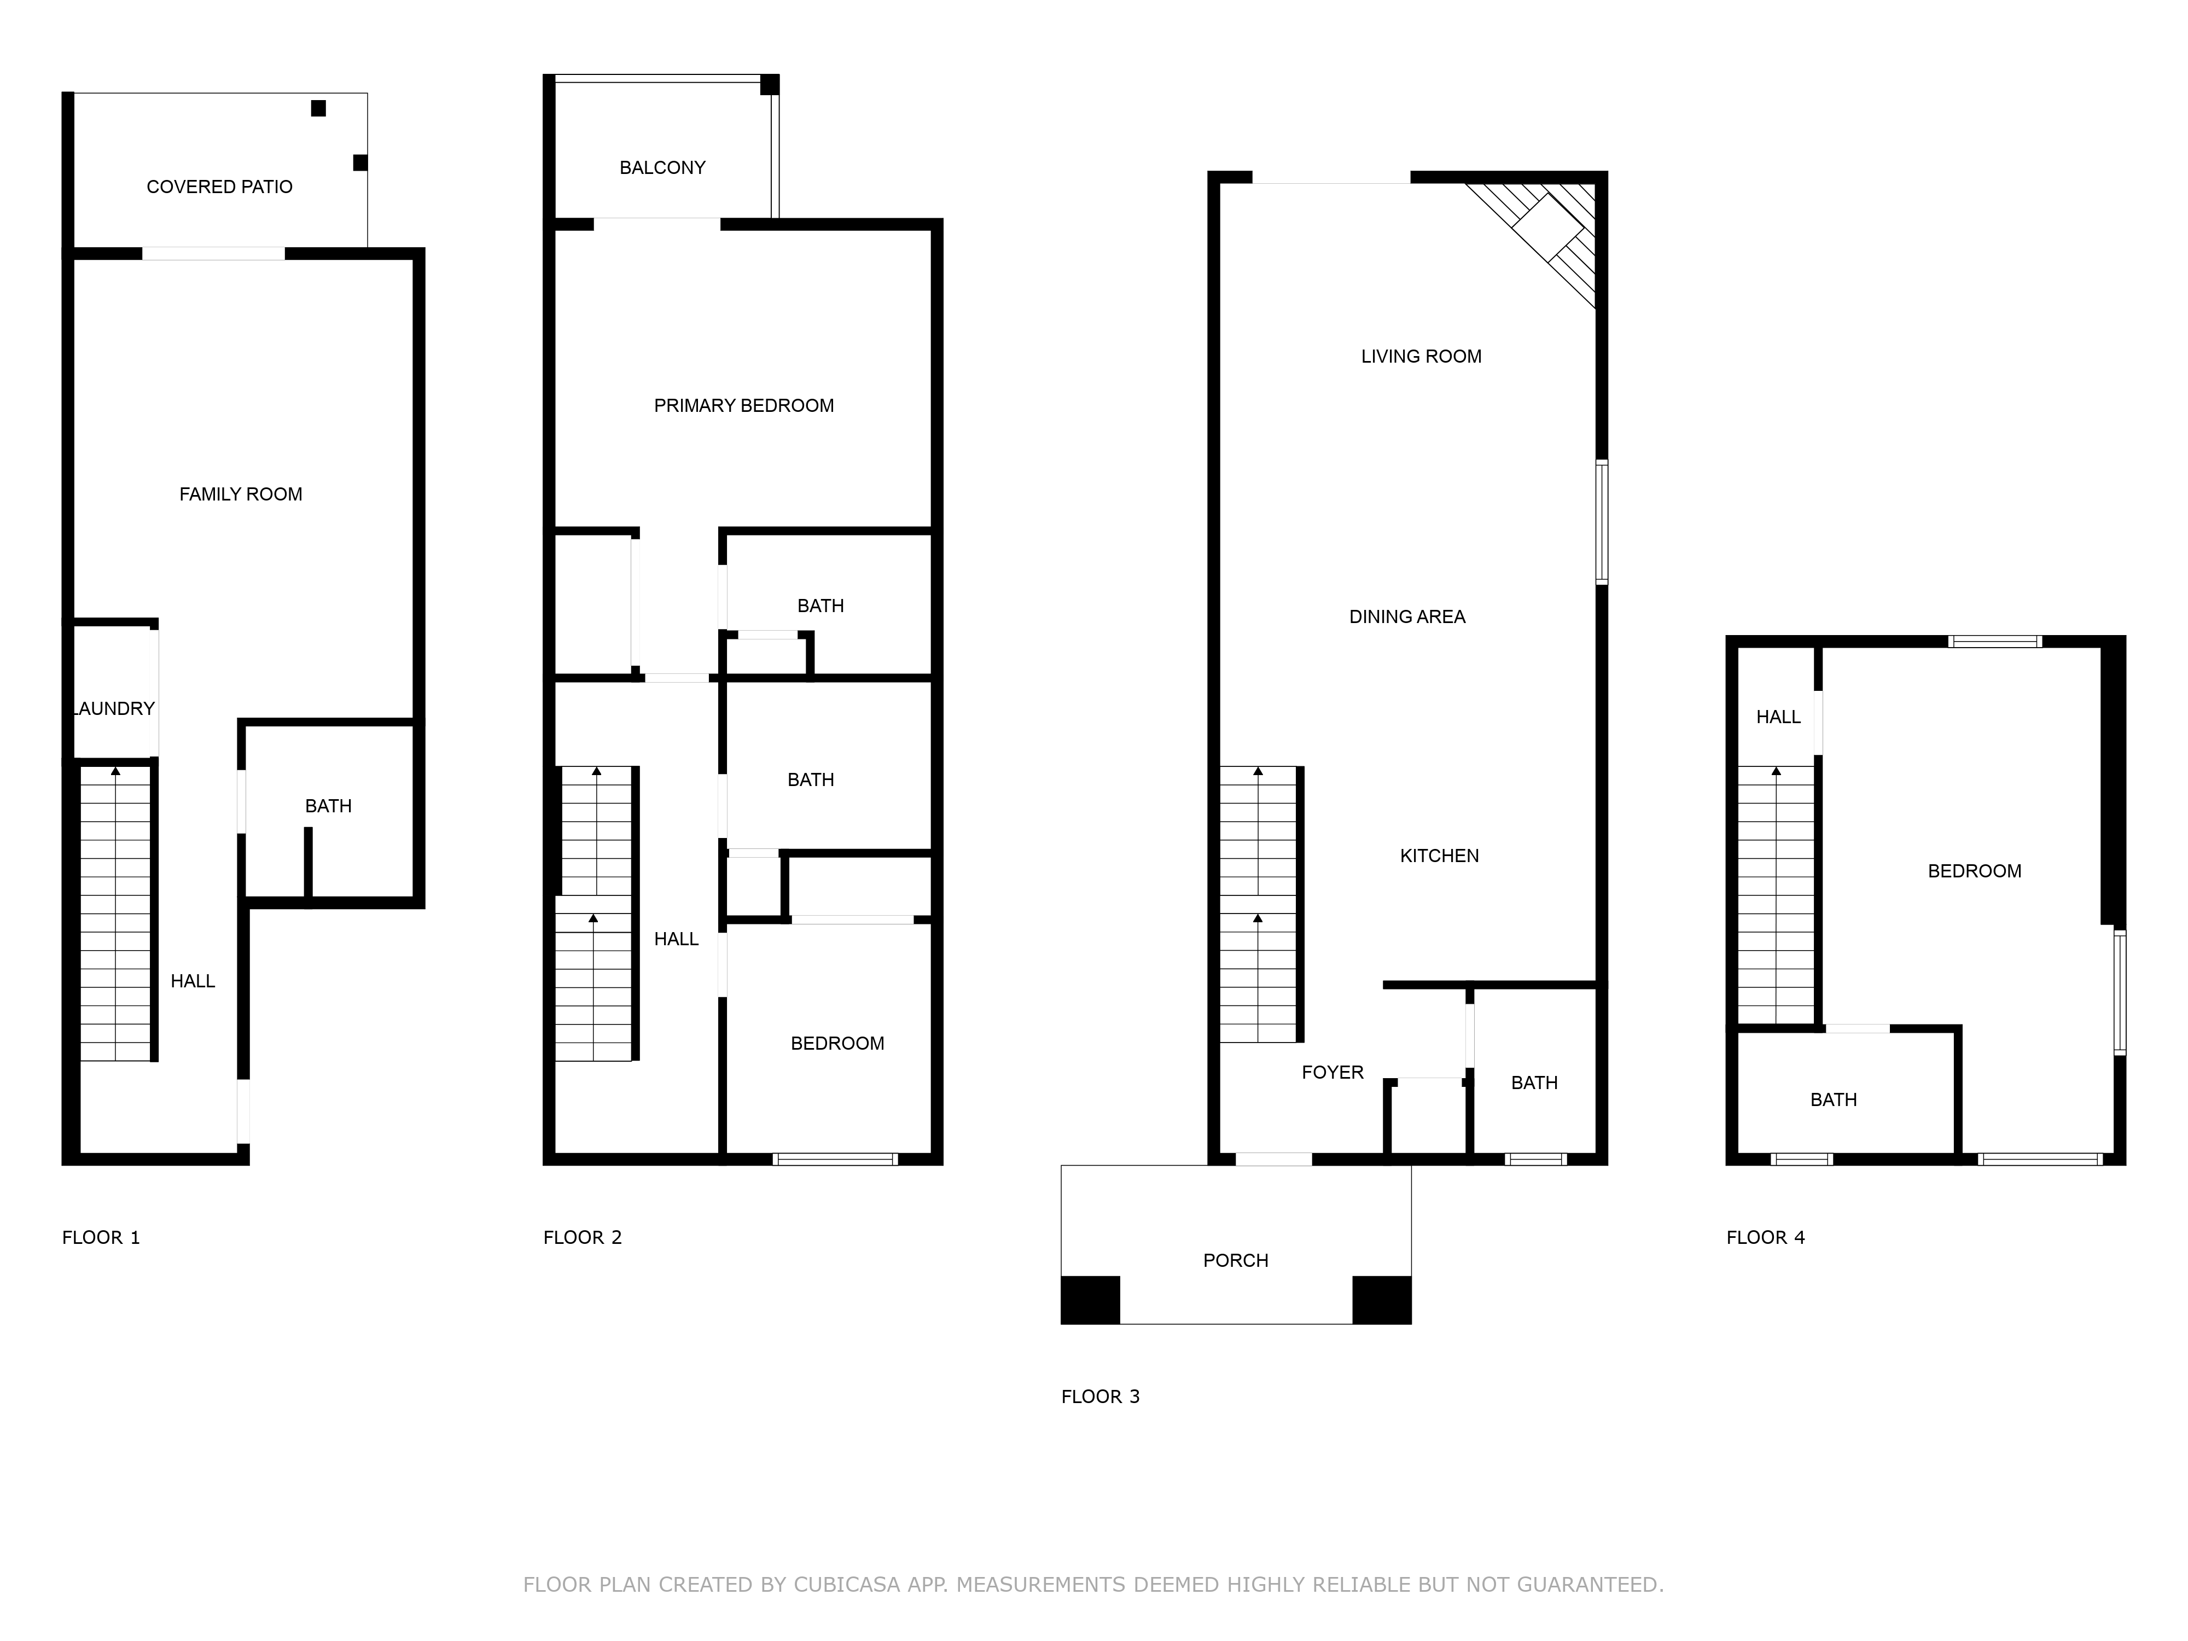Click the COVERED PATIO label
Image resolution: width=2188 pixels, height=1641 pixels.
tap(219, 187)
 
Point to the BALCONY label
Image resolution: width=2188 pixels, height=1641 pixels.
tap(663, 168)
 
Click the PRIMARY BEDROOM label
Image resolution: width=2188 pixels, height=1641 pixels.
tap(744, 405)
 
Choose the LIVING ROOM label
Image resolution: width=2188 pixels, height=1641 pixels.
tap(1422, 356)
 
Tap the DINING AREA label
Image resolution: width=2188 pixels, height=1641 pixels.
tap(1407, 616)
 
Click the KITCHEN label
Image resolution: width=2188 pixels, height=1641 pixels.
tap(1439, 856)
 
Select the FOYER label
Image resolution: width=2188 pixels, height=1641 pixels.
tap(1332, 1072)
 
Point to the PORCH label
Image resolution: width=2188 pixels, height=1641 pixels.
tap(1236, 1260)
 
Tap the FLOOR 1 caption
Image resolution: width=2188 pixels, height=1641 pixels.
tap(101, 1237)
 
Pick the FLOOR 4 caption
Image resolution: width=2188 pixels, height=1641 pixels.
tap(1766, 1237)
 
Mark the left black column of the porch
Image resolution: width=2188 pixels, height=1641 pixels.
tap(1090, 1300)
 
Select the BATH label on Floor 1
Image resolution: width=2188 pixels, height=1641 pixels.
tap(328, 806)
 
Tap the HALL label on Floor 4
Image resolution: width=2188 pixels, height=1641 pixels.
tap(1778, 717)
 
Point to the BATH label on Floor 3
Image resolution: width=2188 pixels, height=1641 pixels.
tap(1534, 1083)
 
